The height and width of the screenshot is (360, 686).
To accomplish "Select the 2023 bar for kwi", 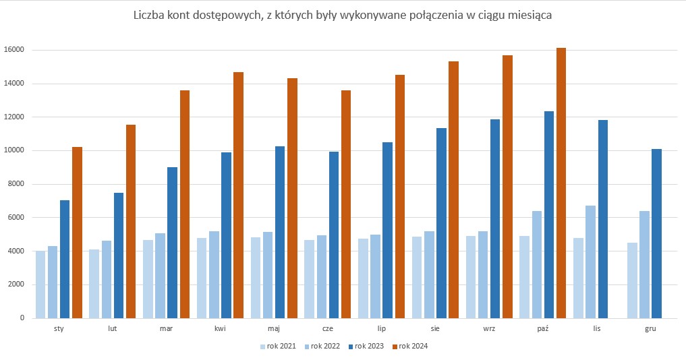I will click(226, 235).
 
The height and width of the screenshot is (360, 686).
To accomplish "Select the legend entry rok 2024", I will click(413, 347).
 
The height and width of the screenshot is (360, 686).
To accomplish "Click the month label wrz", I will click(489, 329).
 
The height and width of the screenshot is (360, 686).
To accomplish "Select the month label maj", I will click(273, 329).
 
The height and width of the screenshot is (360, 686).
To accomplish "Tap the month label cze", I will click(327, 329).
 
